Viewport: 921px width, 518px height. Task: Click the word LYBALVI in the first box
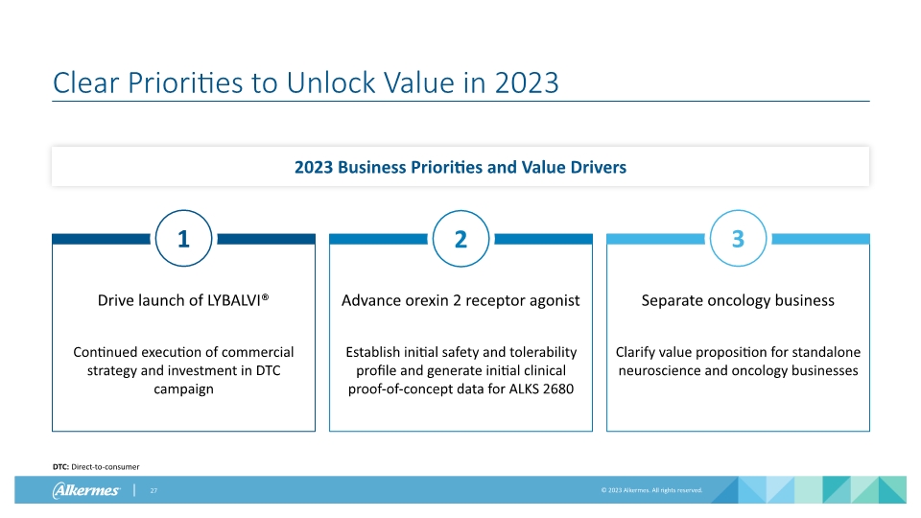[x=230, y=300]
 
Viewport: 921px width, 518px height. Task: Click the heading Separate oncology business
[x=738, y=300]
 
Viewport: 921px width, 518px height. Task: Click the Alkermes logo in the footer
[x=86, y=490]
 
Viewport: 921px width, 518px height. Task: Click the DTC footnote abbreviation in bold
[x=60, y=466]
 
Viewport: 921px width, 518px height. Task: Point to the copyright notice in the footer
[x=651, y=490]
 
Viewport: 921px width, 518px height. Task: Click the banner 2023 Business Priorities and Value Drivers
[x=460, y=167]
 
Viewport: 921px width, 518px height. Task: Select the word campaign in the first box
[x=182, y=388]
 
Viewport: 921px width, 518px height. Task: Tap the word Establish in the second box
[x=375, y=352]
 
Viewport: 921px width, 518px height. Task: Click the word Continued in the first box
[x=105, y=352]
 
